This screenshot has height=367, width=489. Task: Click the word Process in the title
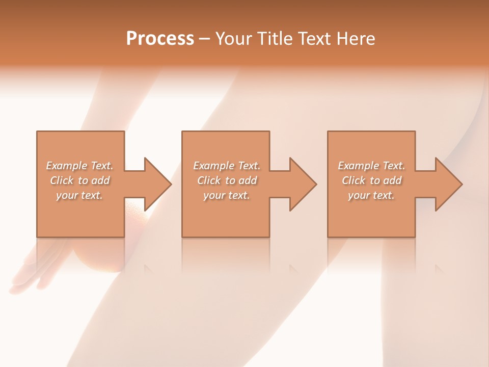click(160, 39)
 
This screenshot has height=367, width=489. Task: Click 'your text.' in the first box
click(79, 195)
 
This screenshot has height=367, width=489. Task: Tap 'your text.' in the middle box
click(226, 195)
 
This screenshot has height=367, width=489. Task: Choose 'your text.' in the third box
click(371, 195)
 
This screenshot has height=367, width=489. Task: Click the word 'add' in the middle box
click(248, 180)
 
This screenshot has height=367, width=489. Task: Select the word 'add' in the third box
click(392, 180)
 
